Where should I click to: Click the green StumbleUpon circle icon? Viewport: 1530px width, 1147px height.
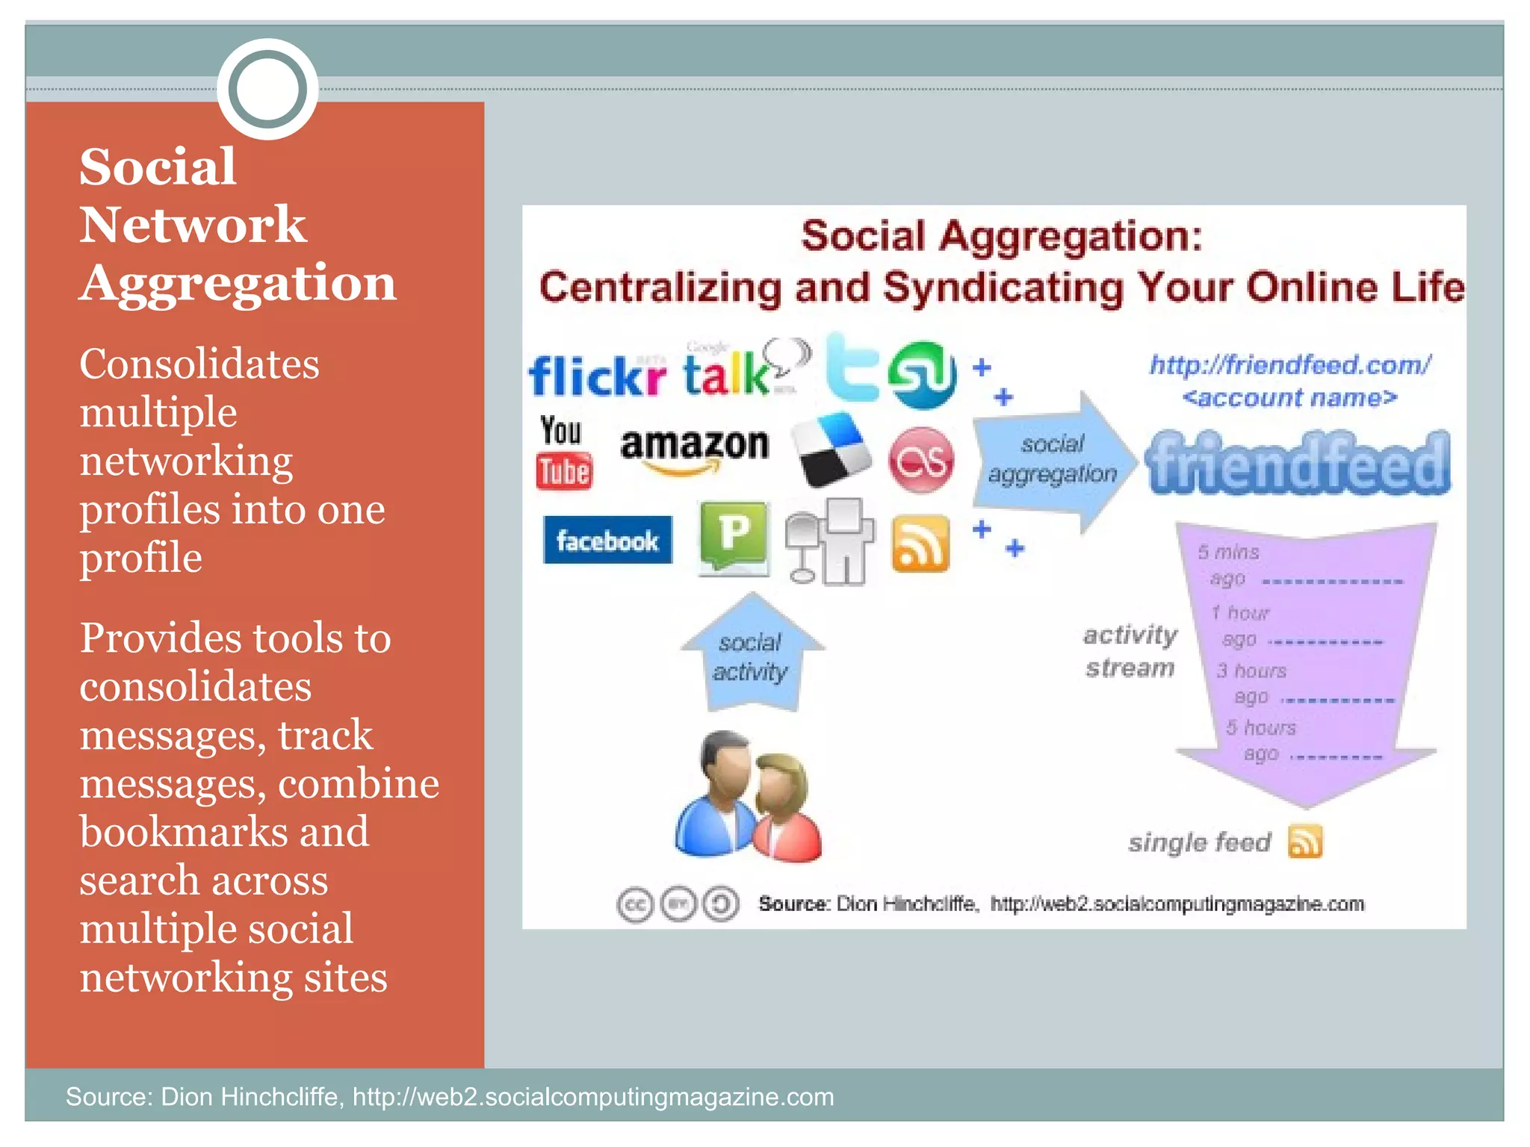click(922, 375)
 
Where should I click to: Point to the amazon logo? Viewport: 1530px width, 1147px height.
click(694, 449)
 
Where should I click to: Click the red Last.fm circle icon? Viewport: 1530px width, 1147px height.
click(921, 460)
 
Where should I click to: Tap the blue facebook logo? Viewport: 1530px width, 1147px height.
click(607, 540)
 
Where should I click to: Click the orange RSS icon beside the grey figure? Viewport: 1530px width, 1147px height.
click(920, 544)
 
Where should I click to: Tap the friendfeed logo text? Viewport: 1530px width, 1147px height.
click(1298, 464)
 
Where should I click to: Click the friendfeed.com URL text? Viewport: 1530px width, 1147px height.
click(1289, 365)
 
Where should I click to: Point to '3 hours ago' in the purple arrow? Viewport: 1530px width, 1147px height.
click(1252, 683)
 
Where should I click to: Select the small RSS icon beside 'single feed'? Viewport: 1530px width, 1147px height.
click(1304, 842)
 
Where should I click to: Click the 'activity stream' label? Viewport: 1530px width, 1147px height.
click(1130, 650)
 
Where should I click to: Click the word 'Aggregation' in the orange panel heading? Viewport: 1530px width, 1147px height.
click(238, 283)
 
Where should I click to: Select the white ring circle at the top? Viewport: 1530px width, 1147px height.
click(267, 89)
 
